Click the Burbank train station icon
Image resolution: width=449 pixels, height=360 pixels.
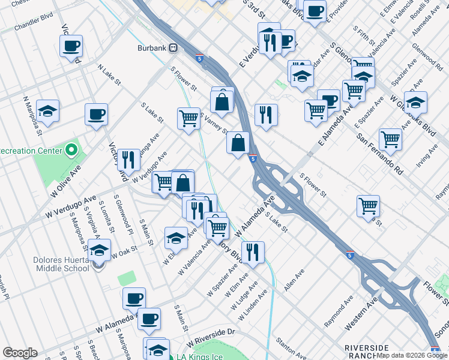(x=173, y=47)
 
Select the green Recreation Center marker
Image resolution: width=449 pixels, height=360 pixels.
(x=71, y=149)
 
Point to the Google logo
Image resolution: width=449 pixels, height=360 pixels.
(x=19, y=353)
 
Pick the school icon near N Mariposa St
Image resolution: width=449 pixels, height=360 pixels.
(x=47, y=111)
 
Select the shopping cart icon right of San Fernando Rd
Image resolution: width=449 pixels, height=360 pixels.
(x=390, y=139)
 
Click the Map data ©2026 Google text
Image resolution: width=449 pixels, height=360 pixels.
(x=412, y=355)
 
